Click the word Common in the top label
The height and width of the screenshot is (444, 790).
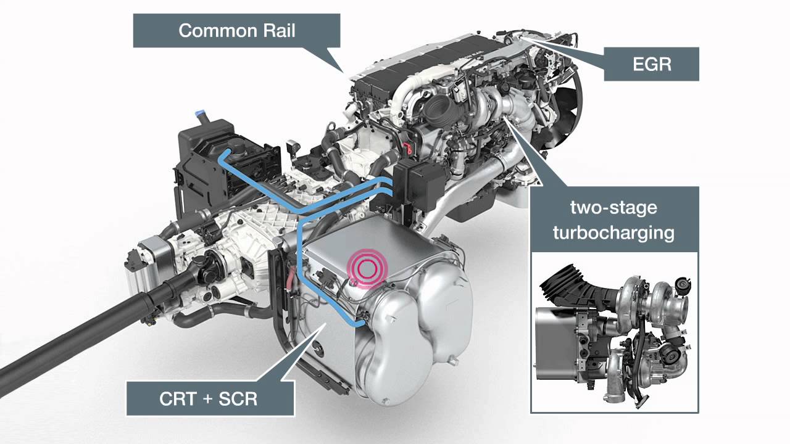point(218,31)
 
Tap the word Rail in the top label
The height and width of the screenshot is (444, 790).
point(279,31)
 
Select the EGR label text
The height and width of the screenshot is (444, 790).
point(652,64)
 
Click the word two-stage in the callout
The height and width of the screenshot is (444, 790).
point(613,208)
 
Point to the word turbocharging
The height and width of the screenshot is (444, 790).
point(613,233)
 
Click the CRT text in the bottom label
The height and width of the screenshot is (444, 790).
point(178,399)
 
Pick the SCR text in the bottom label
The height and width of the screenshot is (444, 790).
point(238,399)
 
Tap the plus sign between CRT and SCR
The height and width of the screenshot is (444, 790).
point(208,399)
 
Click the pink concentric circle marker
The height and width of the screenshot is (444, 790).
point(367,268)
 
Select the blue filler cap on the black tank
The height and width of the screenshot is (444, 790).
point(201,114)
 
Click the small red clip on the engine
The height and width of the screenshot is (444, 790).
point(407,148)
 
